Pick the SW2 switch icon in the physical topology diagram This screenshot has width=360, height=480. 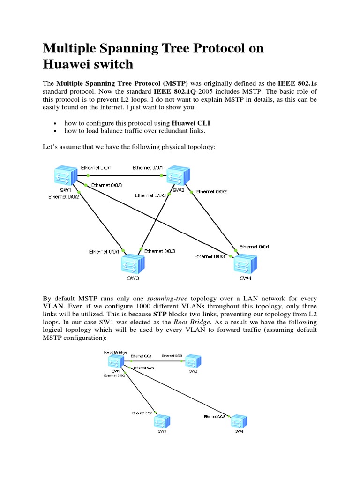177,176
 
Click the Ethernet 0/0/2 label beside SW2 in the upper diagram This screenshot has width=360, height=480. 211,191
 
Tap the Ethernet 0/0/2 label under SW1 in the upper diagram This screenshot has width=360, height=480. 63,197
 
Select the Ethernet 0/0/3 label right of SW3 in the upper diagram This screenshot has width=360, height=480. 160,251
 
